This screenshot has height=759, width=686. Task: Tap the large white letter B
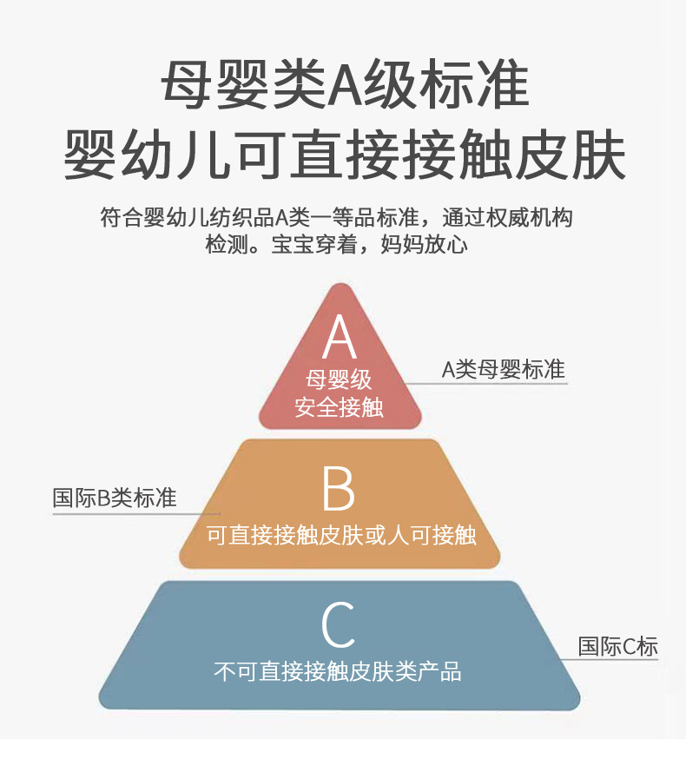click(x=339, y=488)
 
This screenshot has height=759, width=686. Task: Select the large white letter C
click(x=339, y=624)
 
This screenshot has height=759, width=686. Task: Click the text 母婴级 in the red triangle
click(x=339, y=379)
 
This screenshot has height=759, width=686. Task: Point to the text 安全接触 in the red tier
click(x=339, y=406)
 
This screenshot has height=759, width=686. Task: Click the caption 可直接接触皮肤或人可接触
click(x=342, y=535)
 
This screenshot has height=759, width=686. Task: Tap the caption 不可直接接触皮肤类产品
click(x=338, y=671)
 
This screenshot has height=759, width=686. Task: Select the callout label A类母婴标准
click(x=504, y=369)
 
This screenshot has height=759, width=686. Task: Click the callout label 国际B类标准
click(x=115, y=498)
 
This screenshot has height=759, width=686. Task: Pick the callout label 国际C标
click(x=618, y=646)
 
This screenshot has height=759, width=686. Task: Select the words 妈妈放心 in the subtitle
click(x=424, y=244)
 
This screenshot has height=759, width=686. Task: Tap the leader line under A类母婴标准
click(x=485, y=384)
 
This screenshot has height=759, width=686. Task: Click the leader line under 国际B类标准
click(x=136, y=514)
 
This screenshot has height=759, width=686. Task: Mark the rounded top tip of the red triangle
click(x=341, y=285)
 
